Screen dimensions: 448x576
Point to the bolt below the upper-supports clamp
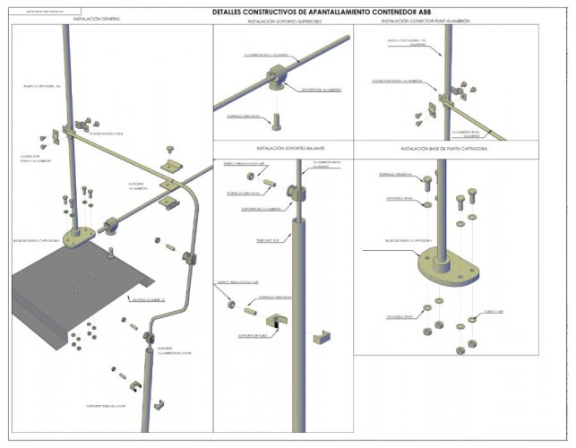pyautogui.click(x=278, y=119)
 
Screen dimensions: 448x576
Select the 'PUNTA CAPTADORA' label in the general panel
pyautogui.click(x=39, y=87)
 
